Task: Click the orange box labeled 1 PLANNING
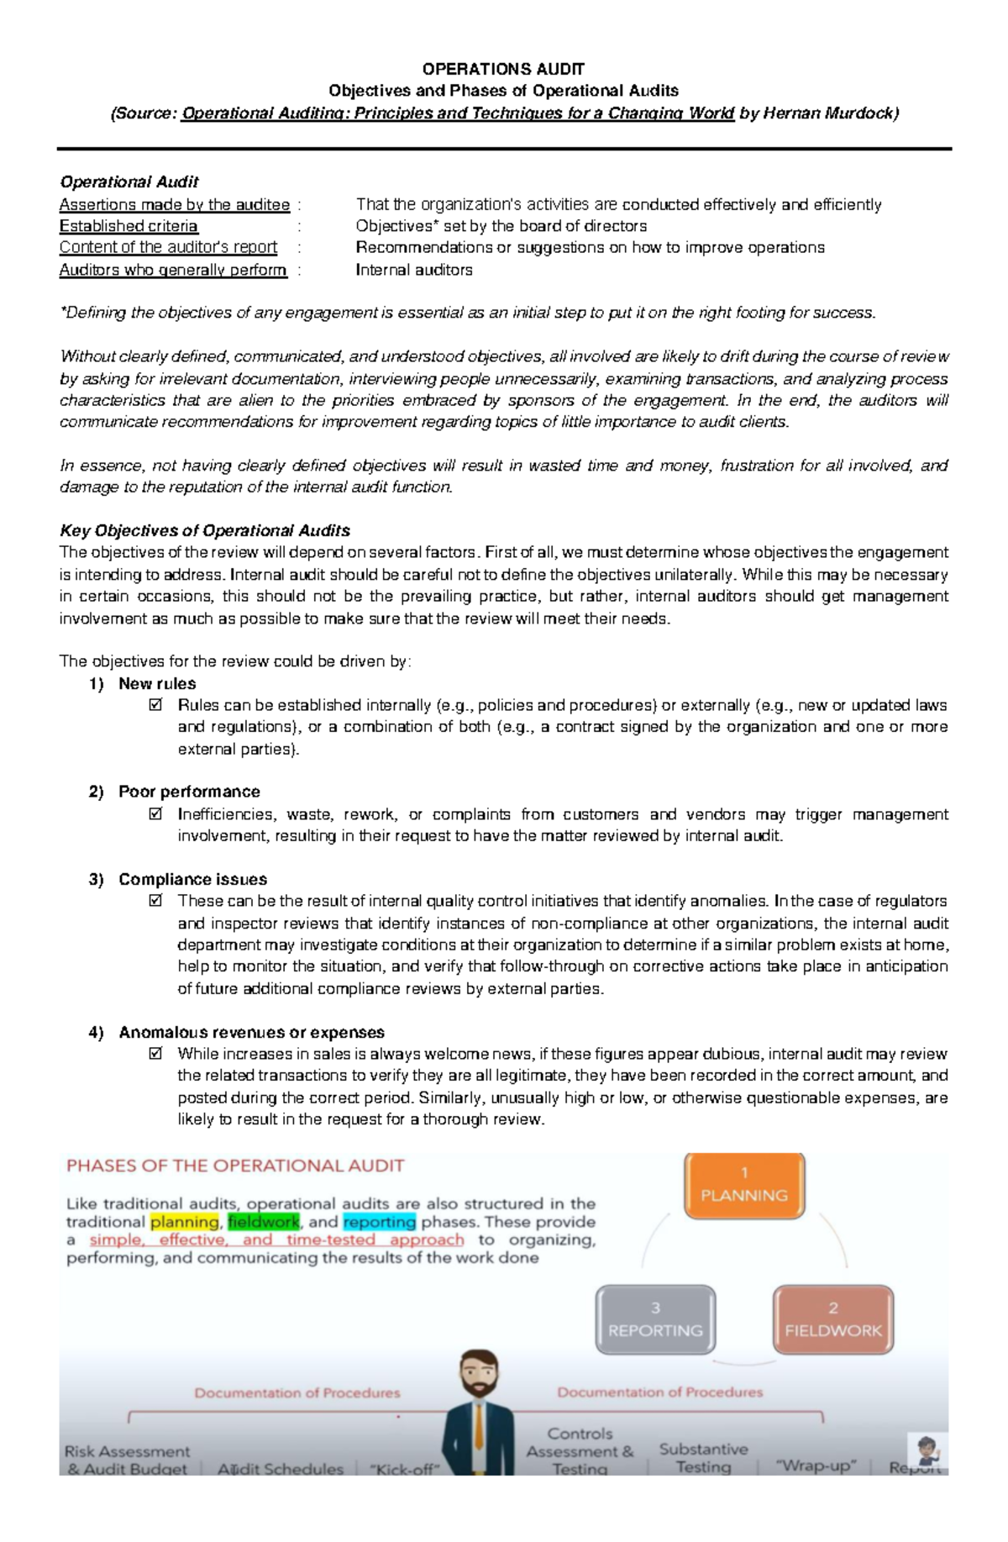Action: (744, 1185)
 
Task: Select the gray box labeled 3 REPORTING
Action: (655, 1320)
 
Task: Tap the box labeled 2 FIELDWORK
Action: (832, 1320)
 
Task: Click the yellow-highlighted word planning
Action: (184, 1222)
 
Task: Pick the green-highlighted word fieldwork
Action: (263, 1222)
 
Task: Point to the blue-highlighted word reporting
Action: (379, 1222)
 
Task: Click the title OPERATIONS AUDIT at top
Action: (503, 69)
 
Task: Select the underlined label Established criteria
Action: (129, 226)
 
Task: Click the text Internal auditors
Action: (414, 270)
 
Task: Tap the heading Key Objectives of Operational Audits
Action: (205, 531)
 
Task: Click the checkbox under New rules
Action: (155, 705)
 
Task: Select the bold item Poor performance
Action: (189, 792)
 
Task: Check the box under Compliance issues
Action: (155, 901)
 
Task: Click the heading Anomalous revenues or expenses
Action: (251, 1032)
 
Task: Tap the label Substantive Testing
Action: (703, 1458)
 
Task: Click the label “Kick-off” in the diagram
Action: (398, 1469)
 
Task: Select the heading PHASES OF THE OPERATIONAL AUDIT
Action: (235, 1166)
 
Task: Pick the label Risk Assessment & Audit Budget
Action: (127, 1460)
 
